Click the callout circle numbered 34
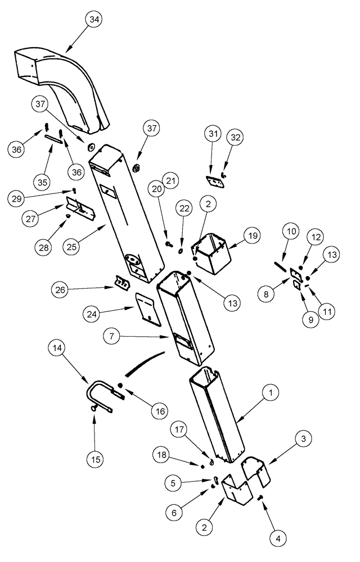pos(94,20)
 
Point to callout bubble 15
pos(94,459)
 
